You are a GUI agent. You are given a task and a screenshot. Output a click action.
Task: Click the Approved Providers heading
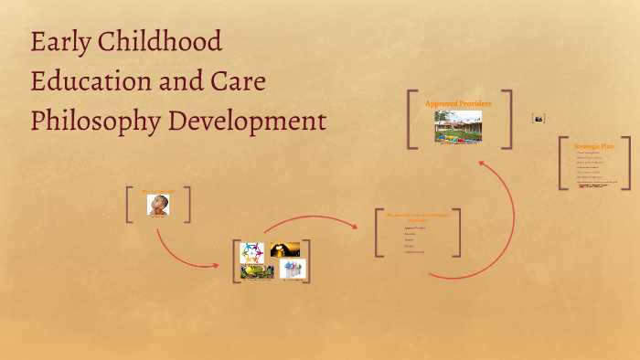pyautogui.click(x=458, y=103)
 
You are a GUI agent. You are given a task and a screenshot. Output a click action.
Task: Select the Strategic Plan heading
pyautogui.click(x=593, y=146)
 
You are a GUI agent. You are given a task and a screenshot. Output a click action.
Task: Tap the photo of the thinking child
pyautogui.click(x=158, y=205)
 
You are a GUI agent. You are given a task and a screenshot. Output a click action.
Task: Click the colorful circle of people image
pyautogui.click(x=252, y=251)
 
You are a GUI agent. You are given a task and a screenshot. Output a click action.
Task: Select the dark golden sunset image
pyautogui.click(x=285, y=249)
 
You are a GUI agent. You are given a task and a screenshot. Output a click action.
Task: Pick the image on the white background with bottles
pyautogui.click(x=293, y=270)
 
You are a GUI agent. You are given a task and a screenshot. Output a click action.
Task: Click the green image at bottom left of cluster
pyautogui.click(x=257, y=271)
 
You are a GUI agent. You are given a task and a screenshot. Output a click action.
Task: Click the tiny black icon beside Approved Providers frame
pyautogui.click(x=539, y=118)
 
